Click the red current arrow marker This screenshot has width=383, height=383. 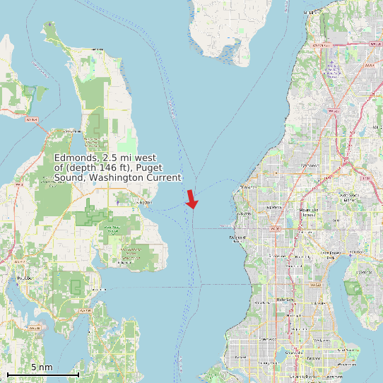[191, 199]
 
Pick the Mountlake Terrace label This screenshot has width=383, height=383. [309, 212]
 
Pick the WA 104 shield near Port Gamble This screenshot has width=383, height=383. [31, 120]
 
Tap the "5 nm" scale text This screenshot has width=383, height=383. [42, 367]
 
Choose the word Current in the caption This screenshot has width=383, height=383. [163, 177]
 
